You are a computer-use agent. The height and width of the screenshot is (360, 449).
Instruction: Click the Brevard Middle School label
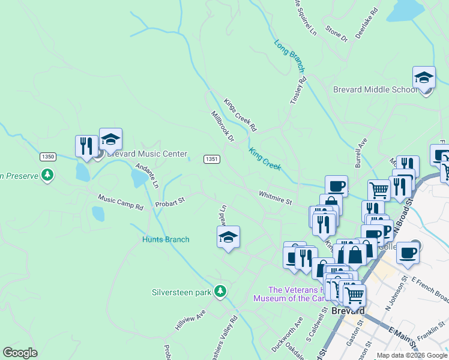[x=375, y=89]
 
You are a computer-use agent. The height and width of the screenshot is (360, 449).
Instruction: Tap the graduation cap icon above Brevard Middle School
[x=424, y=77]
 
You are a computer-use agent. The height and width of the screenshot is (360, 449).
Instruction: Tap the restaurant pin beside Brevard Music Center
[x=86, y=146]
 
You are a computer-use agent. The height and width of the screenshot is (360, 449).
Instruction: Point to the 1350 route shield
[x=48, y=157]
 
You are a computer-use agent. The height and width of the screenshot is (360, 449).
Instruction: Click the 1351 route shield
[x=211, y=159]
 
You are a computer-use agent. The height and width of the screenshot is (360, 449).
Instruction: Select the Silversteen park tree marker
[x=221, y=292]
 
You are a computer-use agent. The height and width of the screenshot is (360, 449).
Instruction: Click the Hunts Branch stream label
[x=166, y=239]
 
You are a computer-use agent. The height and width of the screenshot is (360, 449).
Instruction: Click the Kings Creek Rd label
[x=240, y=115]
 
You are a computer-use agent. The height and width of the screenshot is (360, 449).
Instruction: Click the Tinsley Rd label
[x=298, y=91]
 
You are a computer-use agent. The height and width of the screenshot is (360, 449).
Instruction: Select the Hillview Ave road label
[x=190, y=321]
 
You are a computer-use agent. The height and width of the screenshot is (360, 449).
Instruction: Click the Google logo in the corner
[x=20, y=353]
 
